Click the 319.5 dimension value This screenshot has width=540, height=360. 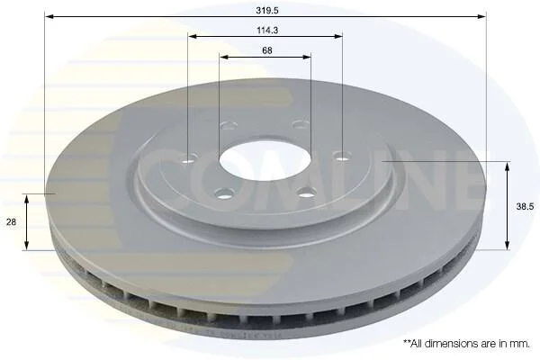(267, 10)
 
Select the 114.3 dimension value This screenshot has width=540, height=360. (267, 31)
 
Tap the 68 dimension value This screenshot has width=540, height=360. (267, 50)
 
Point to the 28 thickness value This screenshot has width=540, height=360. (12, 222)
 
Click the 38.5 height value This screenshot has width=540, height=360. (525, 207)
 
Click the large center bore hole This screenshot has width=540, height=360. (265, 160)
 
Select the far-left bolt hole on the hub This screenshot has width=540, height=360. (188, 160)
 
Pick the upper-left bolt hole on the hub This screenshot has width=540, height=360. (229, 125)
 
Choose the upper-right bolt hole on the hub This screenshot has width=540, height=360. (301, 124)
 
